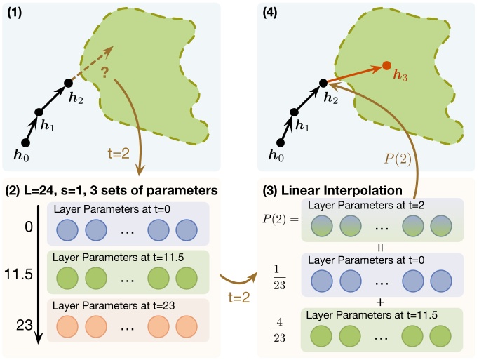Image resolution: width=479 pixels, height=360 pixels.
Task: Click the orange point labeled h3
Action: [x=386, y=67]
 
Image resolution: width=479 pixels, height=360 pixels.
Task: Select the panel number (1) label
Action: [x=15, y=13]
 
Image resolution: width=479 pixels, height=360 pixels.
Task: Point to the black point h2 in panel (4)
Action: [x=323, y=83]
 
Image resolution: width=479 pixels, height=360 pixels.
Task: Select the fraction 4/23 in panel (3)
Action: [x=278, y=328]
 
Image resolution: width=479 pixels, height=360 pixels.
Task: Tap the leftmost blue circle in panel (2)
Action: [x=62, y=230]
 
